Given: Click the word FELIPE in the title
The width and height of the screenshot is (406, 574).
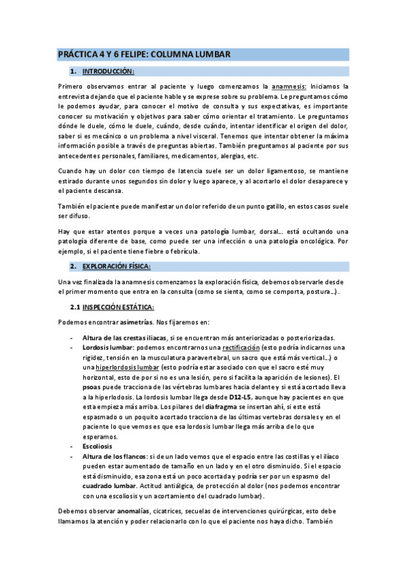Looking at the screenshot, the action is tap(134, 54).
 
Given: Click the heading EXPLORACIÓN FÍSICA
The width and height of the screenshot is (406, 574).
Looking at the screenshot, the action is tap(117, 266).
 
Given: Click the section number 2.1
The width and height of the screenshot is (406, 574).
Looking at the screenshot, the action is tap(75, 308).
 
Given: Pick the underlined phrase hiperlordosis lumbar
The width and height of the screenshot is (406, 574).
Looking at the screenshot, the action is tap(130, 368).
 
